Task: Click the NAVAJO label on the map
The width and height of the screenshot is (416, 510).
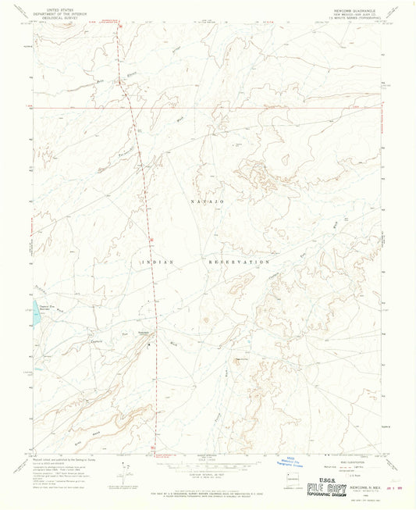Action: (207, 202)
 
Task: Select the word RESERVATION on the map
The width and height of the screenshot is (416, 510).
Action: (240, 262)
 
